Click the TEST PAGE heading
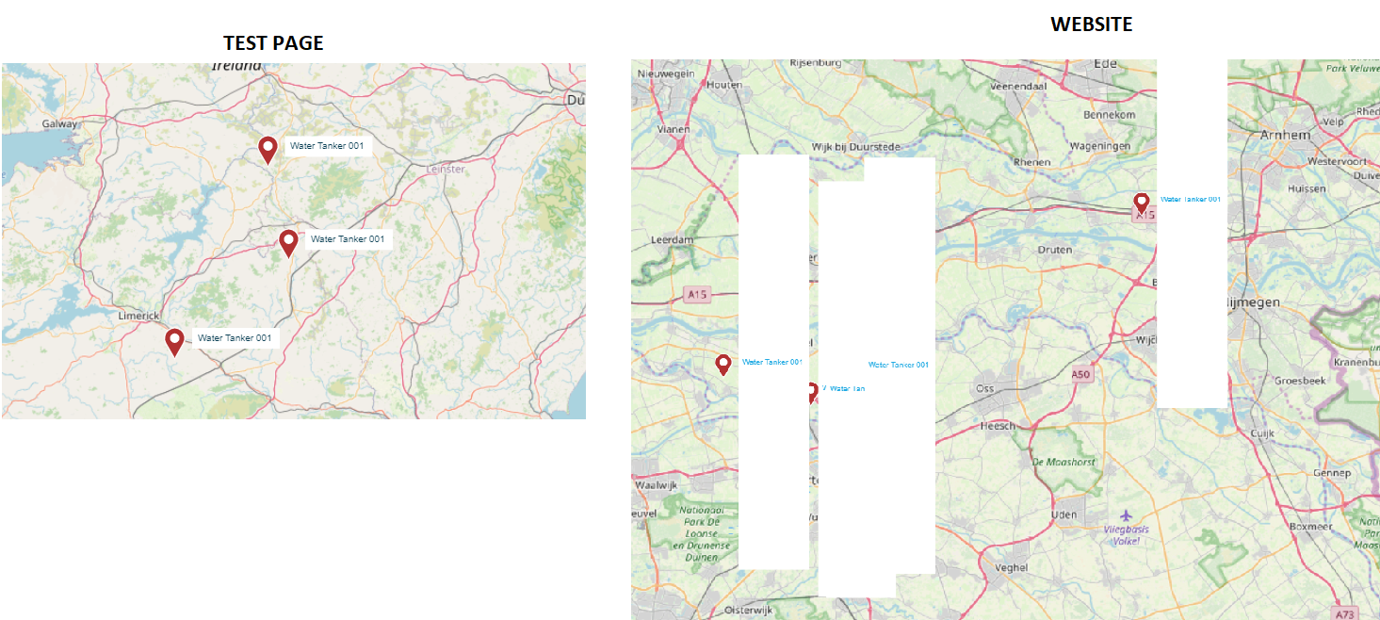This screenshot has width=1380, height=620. pyautogui.click(x=273, y=43)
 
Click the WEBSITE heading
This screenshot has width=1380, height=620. pyautogui.click(x=1091, y=24)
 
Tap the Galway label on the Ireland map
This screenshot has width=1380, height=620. pyautogui.click(x=60, y=123)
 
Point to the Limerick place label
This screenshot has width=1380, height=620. pyautogui.click(x=139, y=316)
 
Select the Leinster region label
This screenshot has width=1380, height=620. pyautogui.click(x=446, y=169)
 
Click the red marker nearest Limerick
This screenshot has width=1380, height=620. pyautogui.click(x=174, y=341)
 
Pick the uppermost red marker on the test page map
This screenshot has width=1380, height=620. pyautogui.click(x=268, y=149)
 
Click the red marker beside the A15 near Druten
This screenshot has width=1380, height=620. pyautogui.click(x=1141, y=203)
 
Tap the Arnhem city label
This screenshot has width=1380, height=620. pyautogui.click(x=1285, y=135)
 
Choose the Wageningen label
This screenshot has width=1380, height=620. pyautogui.click(x=1099, y=146)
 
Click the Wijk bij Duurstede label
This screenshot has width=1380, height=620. pyautogui.click(x=856, y=147)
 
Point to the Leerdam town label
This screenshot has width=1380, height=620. pyautogui.click(x=672, y=240)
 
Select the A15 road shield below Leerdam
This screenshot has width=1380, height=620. pyautogui.click(x=696, y=295)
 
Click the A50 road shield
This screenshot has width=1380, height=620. pyautogui.click(x=1080, y=374)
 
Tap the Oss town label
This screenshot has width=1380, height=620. pyautogui.click(x=984, y=388)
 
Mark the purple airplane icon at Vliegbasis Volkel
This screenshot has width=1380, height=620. pyautogui.click(x=1127, y=515)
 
